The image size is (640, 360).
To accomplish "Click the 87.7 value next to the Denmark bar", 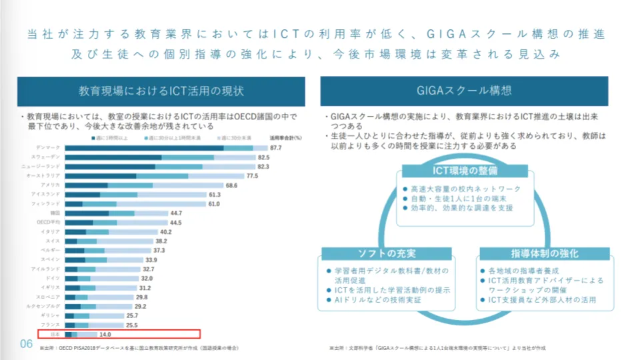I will [276, 147].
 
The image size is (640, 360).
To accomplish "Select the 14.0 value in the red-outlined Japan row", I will [105, 334].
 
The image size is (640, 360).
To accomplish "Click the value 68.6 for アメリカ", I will [232, 185].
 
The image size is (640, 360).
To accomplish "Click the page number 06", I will [26, 343].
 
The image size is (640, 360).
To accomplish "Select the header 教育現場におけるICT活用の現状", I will [161, 91].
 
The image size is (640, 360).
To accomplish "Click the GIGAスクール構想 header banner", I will [464, 91].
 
